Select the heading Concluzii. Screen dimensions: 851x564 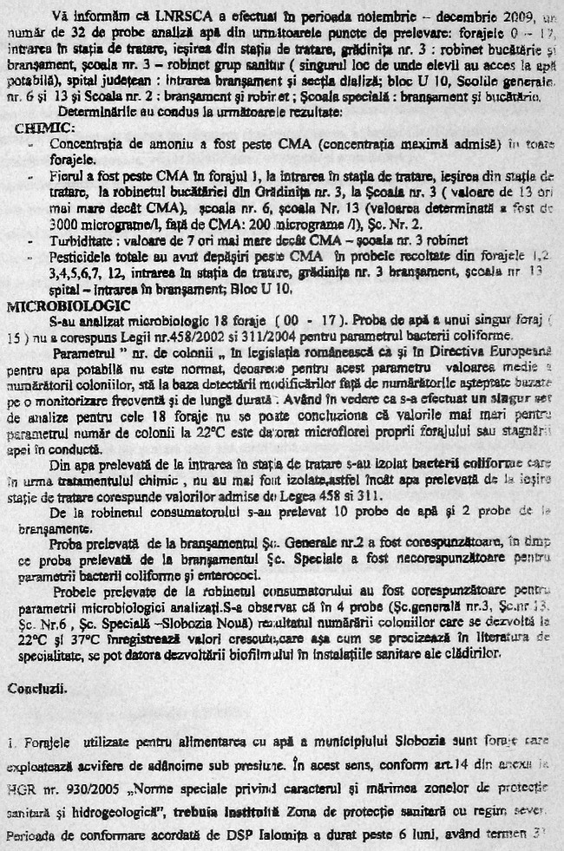pyautogui.click(x=34, y=688)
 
